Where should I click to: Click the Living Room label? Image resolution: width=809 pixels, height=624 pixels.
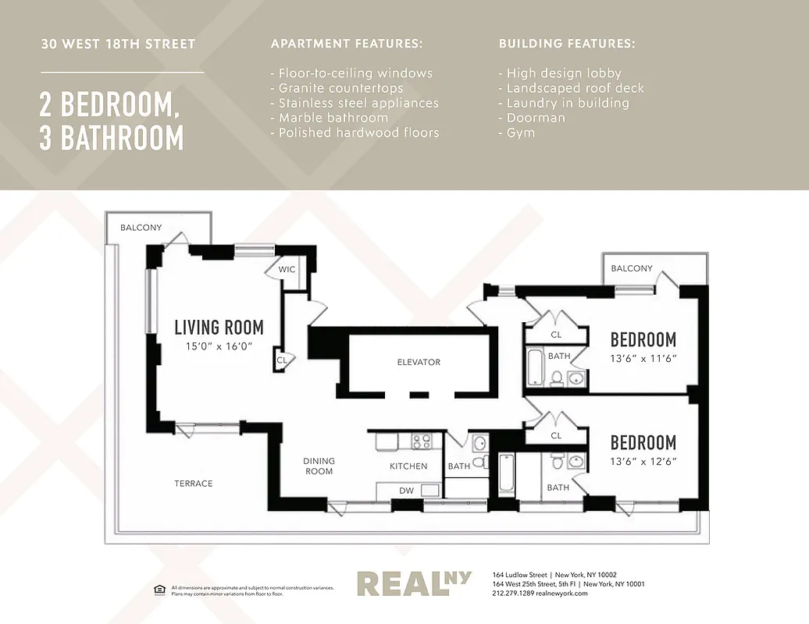click(219, 328)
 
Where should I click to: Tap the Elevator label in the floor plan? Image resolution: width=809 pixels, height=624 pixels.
click(419, 362)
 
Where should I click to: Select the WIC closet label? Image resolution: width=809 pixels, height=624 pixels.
click(287, 269)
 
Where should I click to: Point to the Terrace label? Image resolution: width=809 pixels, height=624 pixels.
click(193, 484)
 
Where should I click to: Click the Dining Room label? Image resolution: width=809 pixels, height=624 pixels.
click(319, 466)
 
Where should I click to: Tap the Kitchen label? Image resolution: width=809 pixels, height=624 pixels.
click(408, 466)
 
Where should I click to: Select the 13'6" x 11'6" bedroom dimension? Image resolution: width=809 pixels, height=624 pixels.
click(643, 359)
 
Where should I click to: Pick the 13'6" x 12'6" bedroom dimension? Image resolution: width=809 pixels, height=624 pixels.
click(643, 462)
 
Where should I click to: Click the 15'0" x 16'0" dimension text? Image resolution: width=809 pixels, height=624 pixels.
click(219, 347)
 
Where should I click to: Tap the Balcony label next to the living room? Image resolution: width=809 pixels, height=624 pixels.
click(141, 228)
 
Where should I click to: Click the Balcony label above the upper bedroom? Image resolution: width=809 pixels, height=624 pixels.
click(631, 268)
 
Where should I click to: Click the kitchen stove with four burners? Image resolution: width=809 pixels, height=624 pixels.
click(422, 441)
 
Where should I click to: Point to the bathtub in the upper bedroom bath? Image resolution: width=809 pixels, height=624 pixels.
click(535, 367)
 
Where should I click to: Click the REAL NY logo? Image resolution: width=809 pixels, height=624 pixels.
click(414, 583)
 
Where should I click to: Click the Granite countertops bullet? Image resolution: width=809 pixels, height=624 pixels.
click(337, 88)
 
